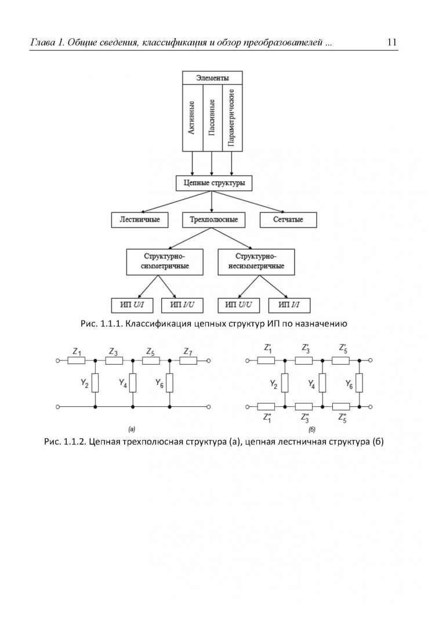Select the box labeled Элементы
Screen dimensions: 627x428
[x=212, y=78]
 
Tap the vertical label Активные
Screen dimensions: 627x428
[x=192, y=118]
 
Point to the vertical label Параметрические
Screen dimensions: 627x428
[x=232, y=118]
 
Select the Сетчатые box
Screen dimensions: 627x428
[x=288, y=220]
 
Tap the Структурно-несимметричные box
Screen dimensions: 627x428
[x=255, y=261]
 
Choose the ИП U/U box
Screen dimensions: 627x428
[x=239, y=305]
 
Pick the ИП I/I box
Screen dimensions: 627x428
[x=289, y=305]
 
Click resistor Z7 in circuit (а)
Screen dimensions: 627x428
[x=188, y=361]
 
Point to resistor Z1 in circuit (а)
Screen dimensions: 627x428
[x=77, y=361]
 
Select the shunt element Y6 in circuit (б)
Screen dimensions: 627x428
[x=360, y=383]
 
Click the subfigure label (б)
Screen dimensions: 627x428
[x=312, y=430]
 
